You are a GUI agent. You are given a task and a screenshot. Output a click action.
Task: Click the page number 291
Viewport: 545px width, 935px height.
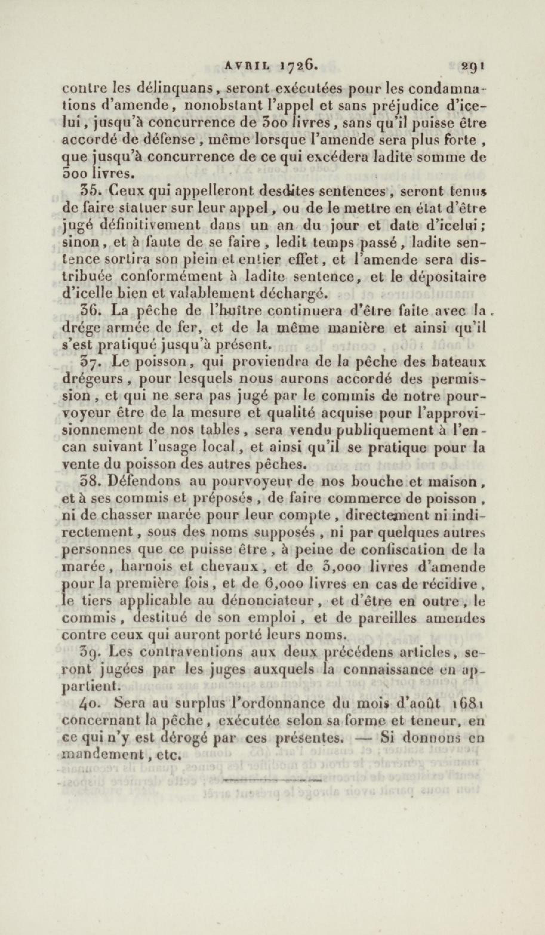pyautogui.click(x=472, y=66)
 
